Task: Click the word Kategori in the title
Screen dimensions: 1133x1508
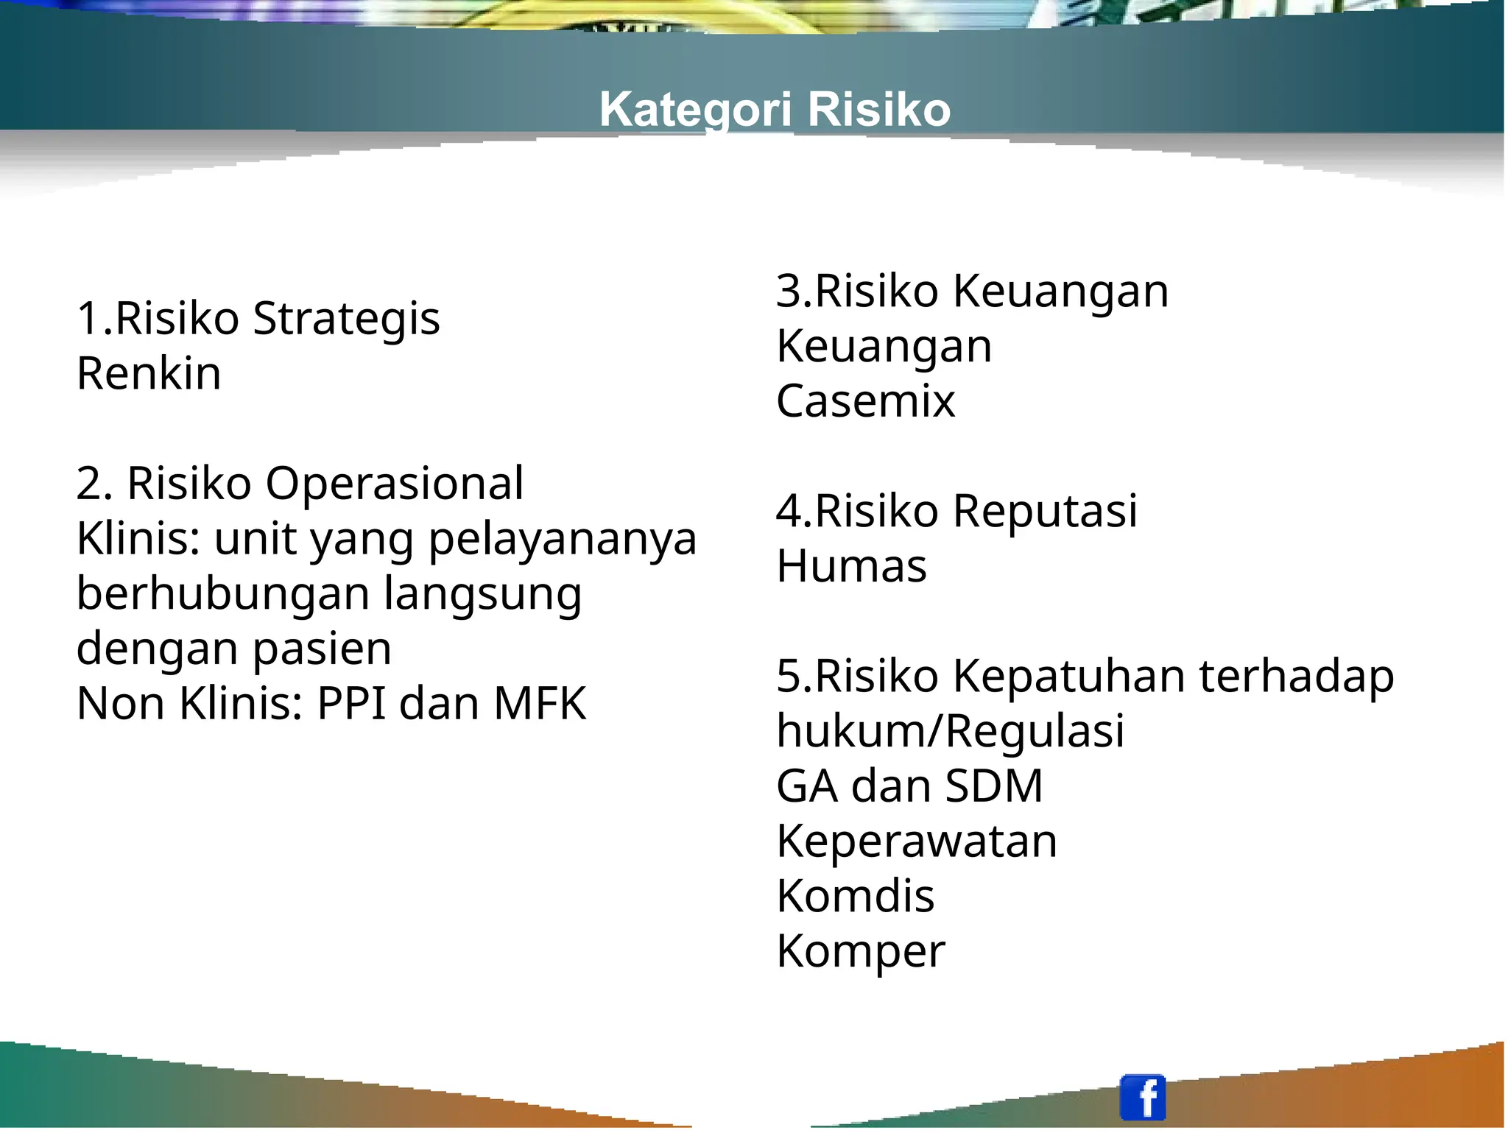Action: (x=695, y=110)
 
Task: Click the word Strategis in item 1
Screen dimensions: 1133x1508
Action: (x=346, y=319)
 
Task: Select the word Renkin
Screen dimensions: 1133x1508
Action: (x=149, y=374)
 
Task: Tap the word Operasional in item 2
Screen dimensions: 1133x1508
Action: (x=395, y=484)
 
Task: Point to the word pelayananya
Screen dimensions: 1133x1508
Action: (x=563, y=540)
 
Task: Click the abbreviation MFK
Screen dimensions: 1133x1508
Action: (x=540, y=704)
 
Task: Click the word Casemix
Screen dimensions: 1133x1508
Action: (x=865, y=401)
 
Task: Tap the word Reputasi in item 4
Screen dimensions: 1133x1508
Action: (x=1045, y=511)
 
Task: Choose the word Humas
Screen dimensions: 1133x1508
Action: (x=851, y=566)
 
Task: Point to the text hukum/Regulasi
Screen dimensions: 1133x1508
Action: (x=950, y=731)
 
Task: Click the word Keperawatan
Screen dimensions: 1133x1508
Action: (x=916, y=841)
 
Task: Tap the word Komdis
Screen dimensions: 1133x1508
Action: (x=855, y=896)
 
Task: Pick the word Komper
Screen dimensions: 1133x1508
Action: (x=860, y=951)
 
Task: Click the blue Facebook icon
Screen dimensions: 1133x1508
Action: (x=1142, y=1097)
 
